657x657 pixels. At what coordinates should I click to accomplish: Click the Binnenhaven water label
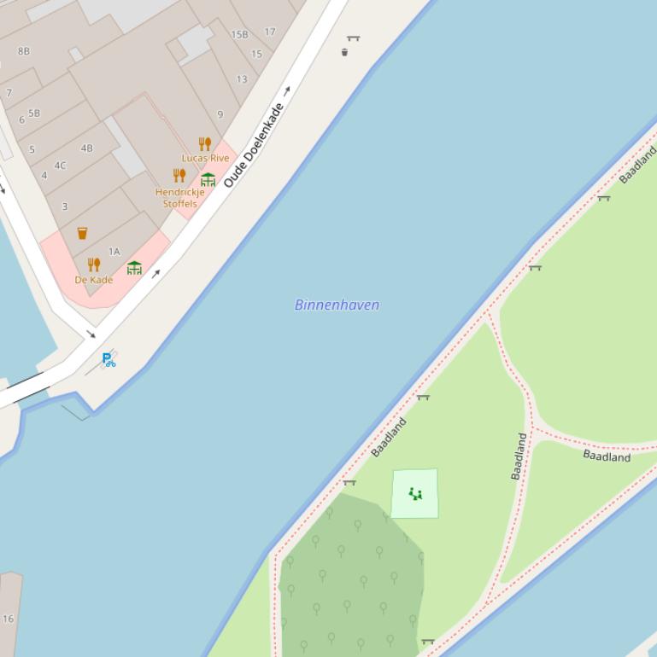[x=337, y=305]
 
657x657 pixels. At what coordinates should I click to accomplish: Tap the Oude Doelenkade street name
[x=254, y=144]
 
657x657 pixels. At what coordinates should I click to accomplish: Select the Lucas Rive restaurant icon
[x=204, y=143]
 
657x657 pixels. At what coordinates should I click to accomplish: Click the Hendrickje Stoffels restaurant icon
[x=179, y=175]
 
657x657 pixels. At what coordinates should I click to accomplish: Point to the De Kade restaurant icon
[x=94, y=265]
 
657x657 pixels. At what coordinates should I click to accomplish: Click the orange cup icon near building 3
[x=82, y=233]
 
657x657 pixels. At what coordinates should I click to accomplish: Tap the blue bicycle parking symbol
[x=108, y=359]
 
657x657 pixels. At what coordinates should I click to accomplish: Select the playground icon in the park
[x=415, y=493]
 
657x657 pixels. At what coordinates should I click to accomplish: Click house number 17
[x=270, y=32]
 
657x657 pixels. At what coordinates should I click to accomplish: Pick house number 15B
[x=239, y=35]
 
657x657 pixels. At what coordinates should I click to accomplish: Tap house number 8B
[x=23, y=51]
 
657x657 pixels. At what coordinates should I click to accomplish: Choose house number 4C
[x=60, y=166]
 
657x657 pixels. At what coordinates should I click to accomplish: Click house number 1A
[x=114, y=251]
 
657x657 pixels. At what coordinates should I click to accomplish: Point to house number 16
[x=8, y=619]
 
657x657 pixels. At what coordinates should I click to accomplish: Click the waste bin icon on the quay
[x=344, y=52]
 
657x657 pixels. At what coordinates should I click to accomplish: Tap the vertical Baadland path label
[x=520, y=456]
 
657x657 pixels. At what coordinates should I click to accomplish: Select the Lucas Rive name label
[x=205, y=158]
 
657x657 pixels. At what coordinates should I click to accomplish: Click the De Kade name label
[x=94, y=280]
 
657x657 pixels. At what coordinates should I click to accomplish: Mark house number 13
[x=242, y=79]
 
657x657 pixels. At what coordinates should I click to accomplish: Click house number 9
[x=220, y=114]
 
